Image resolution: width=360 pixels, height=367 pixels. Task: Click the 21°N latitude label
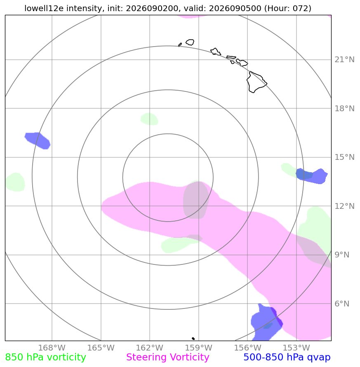[344, 60]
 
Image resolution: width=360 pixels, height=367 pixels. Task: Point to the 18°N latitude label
[344, 109]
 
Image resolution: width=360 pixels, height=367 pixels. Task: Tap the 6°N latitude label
[342, 304]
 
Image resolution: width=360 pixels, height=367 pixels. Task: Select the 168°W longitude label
[52, 348]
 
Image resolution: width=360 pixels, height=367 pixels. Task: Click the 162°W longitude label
[150, 348]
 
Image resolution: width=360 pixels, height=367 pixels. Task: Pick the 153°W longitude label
[296, 348]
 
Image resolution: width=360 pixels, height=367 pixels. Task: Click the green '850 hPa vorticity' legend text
[45, 357]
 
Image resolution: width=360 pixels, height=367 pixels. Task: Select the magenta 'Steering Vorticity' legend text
[167, 357]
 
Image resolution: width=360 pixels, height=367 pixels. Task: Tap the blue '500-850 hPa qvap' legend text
[287, 357]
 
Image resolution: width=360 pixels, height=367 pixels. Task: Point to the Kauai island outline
[190, 42]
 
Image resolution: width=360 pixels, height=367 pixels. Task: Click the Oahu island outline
[216, 52]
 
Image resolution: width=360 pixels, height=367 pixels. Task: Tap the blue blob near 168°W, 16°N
[38, 141]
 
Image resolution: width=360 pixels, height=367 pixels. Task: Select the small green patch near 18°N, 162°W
[149, 119]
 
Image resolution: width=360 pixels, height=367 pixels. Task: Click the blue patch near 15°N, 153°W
[312, 176]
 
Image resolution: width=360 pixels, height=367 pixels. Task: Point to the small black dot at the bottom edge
[193, 339]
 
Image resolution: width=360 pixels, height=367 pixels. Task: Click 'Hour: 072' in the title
[287, 8]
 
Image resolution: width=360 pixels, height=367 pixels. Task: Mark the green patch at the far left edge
[15, 182]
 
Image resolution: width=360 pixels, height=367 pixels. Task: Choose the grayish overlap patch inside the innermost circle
[196, 200]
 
